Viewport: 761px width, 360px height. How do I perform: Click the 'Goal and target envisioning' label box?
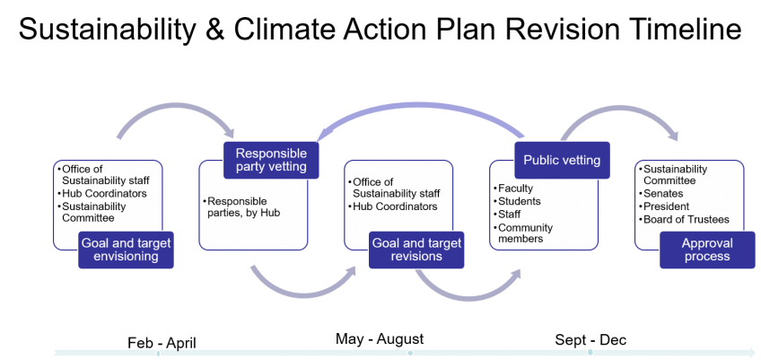coord(126,250)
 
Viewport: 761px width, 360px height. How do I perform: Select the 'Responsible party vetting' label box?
coord(270,159)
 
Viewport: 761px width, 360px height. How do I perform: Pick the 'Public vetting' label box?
coord(563,161)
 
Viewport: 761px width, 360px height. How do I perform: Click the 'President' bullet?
coord(668,206)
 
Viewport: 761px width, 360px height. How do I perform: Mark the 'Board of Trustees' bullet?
coord(686,219)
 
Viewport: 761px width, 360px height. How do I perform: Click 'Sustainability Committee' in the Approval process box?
coord(675,175)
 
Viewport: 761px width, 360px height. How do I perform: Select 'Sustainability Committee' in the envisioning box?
coord(92,212)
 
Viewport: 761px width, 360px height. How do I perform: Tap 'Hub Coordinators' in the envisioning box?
coord(102,193)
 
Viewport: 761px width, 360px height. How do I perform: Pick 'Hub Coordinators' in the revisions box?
coord(394,206)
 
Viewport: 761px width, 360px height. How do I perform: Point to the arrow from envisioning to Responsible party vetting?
coord(175,110)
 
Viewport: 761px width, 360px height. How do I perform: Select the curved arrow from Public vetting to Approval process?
coord(619,112)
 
